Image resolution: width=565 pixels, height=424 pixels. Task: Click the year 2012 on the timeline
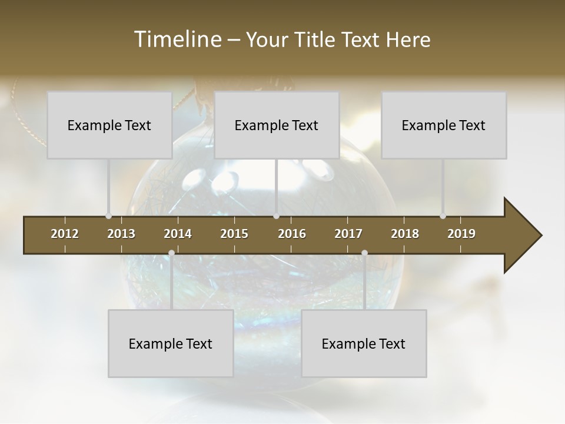65,234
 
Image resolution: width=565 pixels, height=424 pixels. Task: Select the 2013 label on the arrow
121,234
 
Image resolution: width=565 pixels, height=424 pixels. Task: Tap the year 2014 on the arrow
178,234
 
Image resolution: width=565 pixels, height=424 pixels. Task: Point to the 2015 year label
234,234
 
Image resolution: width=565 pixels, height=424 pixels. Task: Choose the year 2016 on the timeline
292,234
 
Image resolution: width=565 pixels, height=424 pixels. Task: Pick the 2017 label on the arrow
348,234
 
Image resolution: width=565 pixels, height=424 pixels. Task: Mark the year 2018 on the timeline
405,234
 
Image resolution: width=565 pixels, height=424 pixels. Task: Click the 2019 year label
461,234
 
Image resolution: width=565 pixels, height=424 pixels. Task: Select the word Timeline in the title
177,39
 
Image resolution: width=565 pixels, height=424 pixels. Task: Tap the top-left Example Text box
109,125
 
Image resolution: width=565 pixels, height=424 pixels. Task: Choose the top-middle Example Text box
277,125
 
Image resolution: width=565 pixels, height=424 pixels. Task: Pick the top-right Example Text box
444,125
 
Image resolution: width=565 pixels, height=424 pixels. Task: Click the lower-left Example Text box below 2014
171,343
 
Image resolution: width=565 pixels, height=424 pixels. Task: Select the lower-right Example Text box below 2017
364,343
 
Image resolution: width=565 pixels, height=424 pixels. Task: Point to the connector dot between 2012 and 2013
108,216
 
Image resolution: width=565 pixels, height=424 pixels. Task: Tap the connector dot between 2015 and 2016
276,216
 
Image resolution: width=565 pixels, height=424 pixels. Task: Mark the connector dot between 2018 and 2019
443,216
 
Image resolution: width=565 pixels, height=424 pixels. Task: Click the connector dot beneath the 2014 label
171,253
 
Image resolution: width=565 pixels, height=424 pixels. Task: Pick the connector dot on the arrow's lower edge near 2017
364,253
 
